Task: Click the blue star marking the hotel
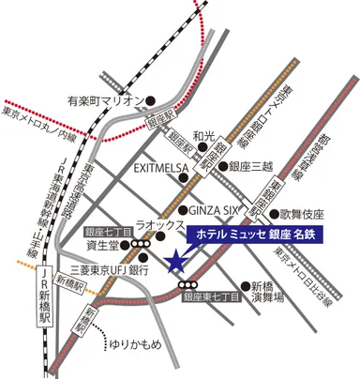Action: pyautogui.click(x=174, y=262)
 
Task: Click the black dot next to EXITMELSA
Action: pyautogui.click(x=199, y=169)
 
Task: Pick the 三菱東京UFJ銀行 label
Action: pyautogui.click(x=104, y=269)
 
